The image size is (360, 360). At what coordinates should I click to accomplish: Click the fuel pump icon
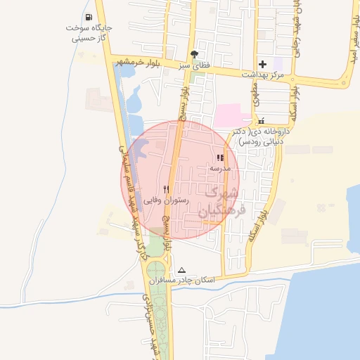pos(88,18)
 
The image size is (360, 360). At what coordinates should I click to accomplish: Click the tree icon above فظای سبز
pos(194,53)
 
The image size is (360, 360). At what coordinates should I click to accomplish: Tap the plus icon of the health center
pos(262,64)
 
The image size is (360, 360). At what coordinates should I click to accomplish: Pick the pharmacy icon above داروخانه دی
pos(262,120)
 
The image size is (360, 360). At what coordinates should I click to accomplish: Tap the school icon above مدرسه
pos(220,158)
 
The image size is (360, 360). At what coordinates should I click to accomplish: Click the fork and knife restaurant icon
pos(167,188)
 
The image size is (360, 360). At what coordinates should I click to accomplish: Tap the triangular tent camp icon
pos(182,270)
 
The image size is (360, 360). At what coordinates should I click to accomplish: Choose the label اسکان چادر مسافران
pos(181,281)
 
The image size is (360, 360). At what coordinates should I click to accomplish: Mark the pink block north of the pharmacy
pos(233,115)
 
